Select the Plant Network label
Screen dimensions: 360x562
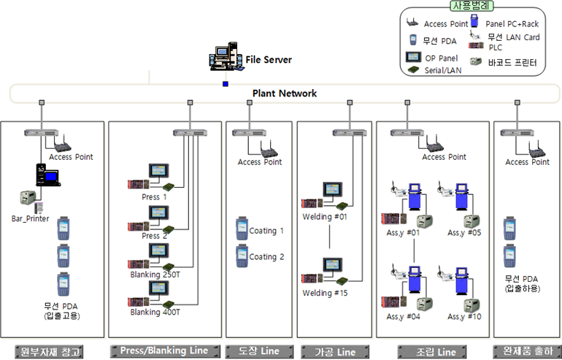pyautogui.click(x=285, y=93)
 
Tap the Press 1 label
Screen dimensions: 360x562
pyautogui.click(x=155, y=197)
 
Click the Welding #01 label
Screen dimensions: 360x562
pyautogui.click(x=326, y=217)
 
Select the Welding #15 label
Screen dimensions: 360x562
pyautogui.click(x=326, y=293)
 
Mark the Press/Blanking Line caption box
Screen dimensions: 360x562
pyautogui.click(x=164, y=351)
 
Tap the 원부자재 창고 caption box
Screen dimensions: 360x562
pyautogui.click(x=49, y=351)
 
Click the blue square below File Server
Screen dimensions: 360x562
pyautogui.click(x=226, y=84)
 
